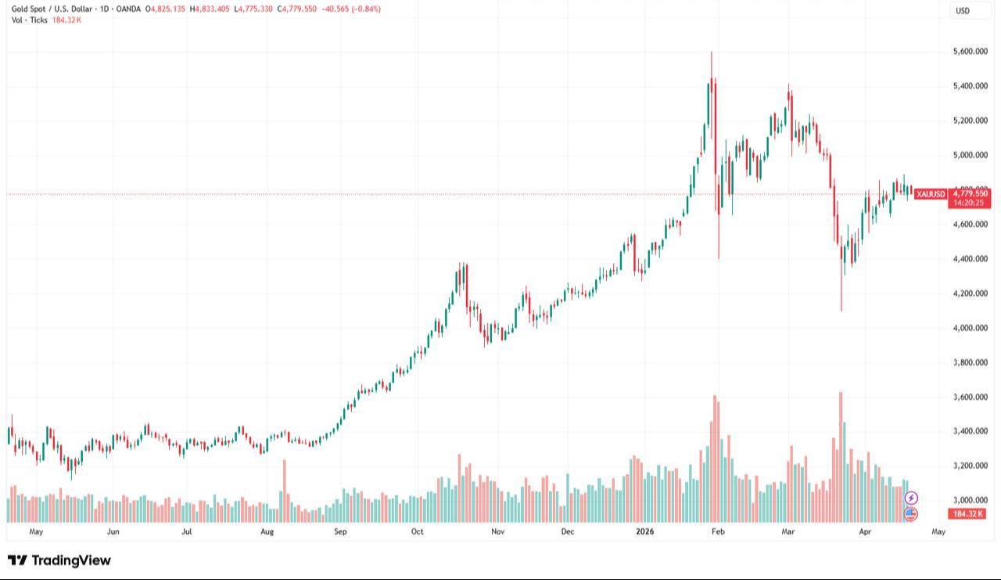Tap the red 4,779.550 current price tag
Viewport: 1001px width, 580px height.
click(x=971, y=193)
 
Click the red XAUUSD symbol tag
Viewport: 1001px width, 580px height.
click(x=931, y=193)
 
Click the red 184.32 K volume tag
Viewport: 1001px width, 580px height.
click(x=967, y=513)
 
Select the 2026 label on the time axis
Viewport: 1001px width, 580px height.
click(x=645, y=531)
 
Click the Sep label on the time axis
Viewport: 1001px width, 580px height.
click(x=340, y=531)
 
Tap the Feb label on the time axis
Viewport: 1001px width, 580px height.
click(x=719, y=531)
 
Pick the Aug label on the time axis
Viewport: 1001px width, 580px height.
click(x=267, y=531)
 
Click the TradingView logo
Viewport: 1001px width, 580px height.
click(x=59, y=560)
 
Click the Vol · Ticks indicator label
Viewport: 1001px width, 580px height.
click(x=29, y=20)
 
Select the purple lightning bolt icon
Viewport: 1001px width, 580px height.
click(x=911, y=498)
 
